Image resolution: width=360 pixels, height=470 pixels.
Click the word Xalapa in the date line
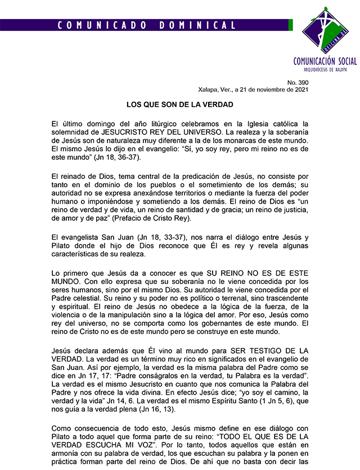coord(209,89)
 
